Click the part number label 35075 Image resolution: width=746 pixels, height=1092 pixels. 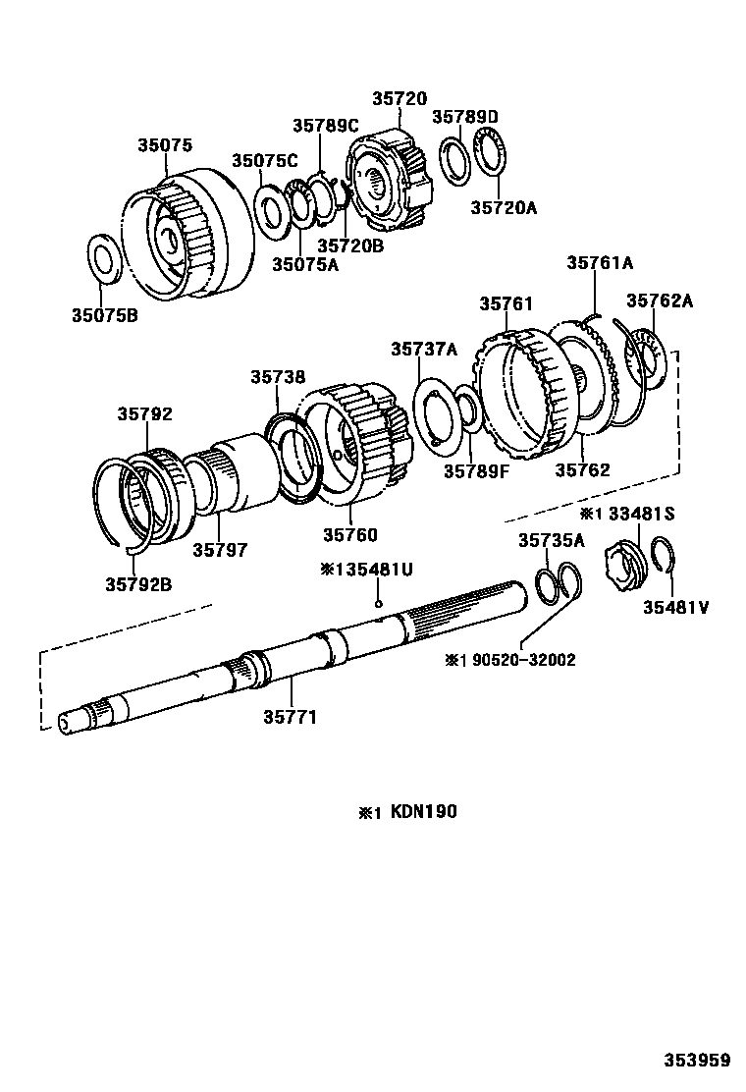click(164, 145)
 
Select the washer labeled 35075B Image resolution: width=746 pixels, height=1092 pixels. click(105, 259)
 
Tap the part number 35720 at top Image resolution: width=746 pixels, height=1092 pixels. click(400, 99)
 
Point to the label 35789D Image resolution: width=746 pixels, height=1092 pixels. click(465, 118)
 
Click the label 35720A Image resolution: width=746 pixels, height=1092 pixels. click(504, 207)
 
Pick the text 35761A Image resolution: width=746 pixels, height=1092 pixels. click(600, 262)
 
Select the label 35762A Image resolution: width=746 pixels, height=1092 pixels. click(660, 301)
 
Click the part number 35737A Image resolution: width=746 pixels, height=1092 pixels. click(424, 349)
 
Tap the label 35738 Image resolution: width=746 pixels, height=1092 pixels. click(277, 377)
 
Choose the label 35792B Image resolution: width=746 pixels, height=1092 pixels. click(138, 584)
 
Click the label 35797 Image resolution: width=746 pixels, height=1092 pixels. click(221, 550)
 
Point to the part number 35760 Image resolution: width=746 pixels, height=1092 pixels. click(350, 535)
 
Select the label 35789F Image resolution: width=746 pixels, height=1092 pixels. click(476, 470)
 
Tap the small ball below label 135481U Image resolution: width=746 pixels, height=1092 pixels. click(379, 605)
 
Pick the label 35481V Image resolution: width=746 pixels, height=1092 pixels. click(675, 607)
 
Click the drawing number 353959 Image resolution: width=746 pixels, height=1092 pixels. click(695, 1060)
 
